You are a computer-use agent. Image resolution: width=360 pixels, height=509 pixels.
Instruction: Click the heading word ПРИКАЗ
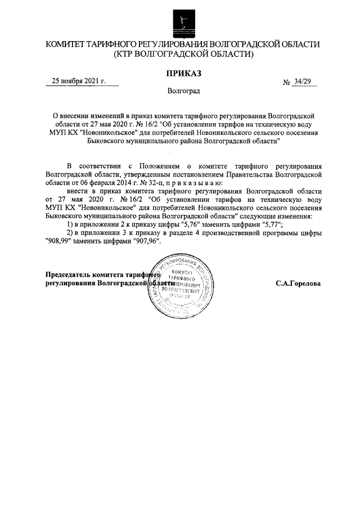[x=183, y=73]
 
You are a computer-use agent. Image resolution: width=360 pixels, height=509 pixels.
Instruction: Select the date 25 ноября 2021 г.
[x=79, y=81]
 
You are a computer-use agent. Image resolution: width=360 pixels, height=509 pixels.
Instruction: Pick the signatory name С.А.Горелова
[x=298, y=283]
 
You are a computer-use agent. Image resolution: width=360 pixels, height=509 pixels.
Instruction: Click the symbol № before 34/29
[x=287, y=82]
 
